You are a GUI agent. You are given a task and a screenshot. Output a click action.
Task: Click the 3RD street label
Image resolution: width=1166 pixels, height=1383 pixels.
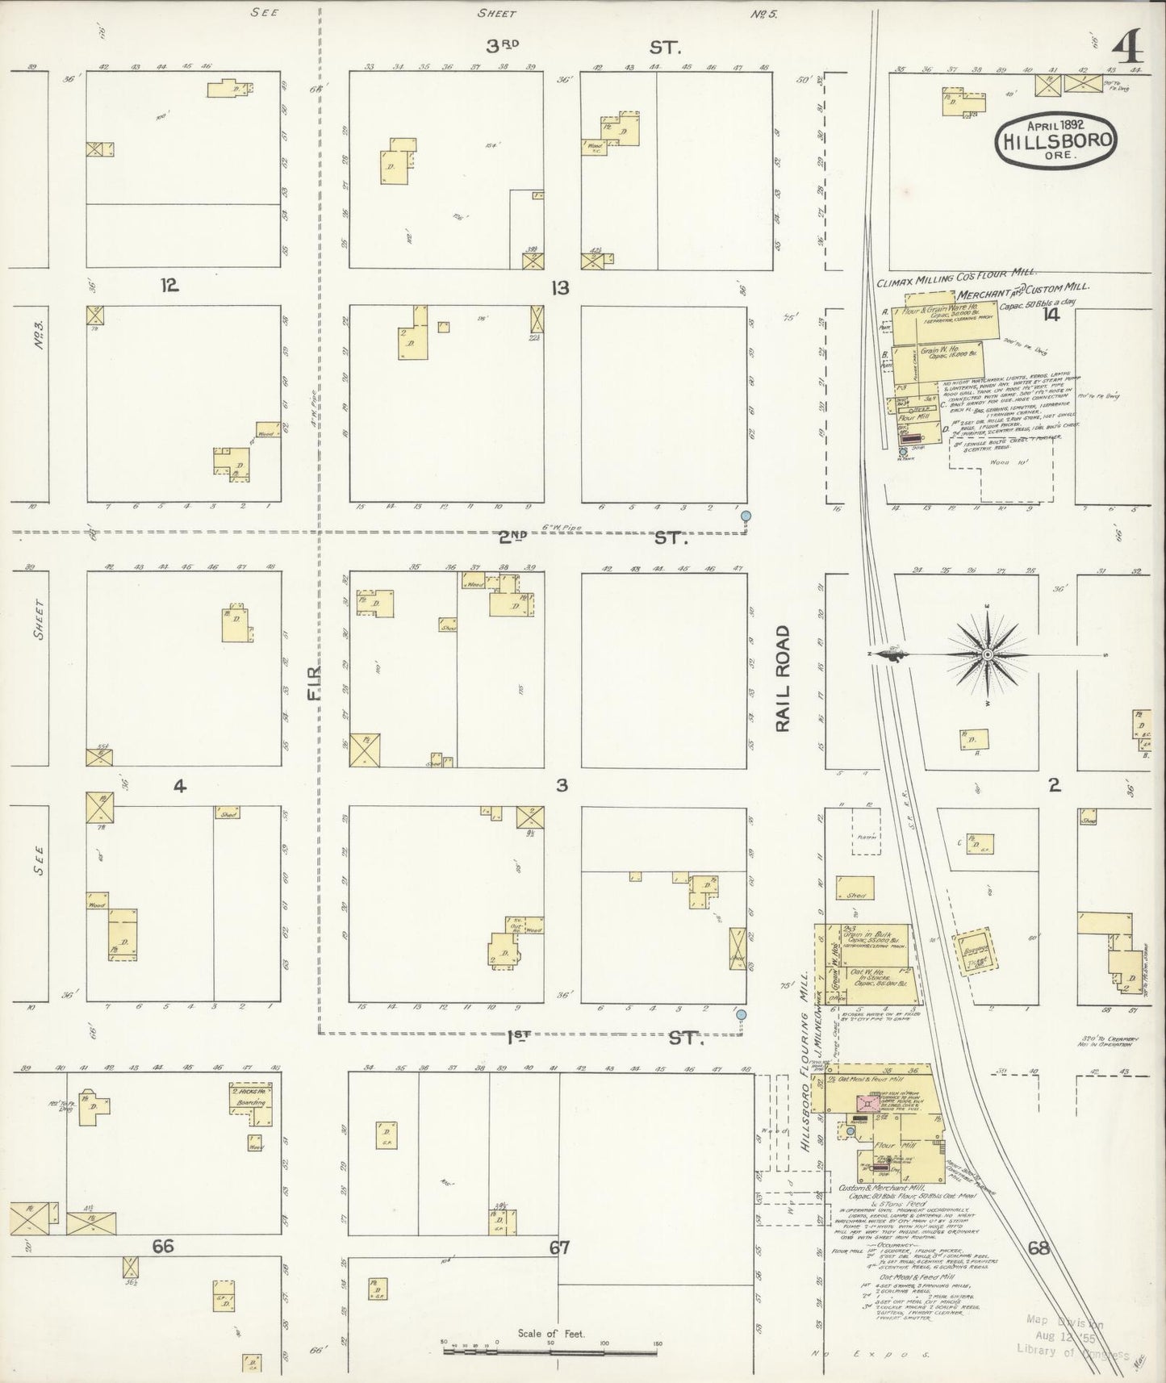[504, 44]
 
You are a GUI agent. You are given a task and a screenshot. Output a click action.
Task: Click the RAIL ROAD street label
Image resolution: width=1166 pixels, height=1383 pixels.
[782, 679]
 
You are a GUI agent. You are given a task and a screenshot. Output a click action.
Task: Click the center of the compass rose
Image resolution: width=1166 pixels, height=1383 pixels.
[987, 654]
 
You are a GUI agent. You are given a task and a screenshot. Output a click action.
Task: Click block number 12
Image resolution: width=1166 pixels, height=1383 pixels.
[169, 286]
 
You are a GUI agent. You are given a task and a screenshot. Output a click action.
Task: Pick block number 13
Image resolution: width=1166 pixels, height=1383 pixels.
[560, 287]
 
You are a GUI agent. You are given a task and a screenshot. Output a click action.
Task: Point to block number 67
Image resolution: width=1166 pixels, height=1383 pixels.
[560, 1247]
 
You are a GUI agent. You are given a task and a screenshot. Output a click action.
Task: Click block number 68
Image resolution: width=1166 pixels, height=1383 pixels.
[1039, 1248]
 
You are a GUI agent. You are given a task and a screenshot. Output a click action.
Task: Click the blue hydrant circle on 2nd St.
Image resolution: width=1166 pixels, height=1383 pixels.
[746, 515]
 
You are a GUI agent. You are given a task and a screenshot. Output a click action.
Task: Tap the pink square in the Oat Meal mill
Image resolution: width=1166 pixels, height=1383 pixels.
[870, 1104]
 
